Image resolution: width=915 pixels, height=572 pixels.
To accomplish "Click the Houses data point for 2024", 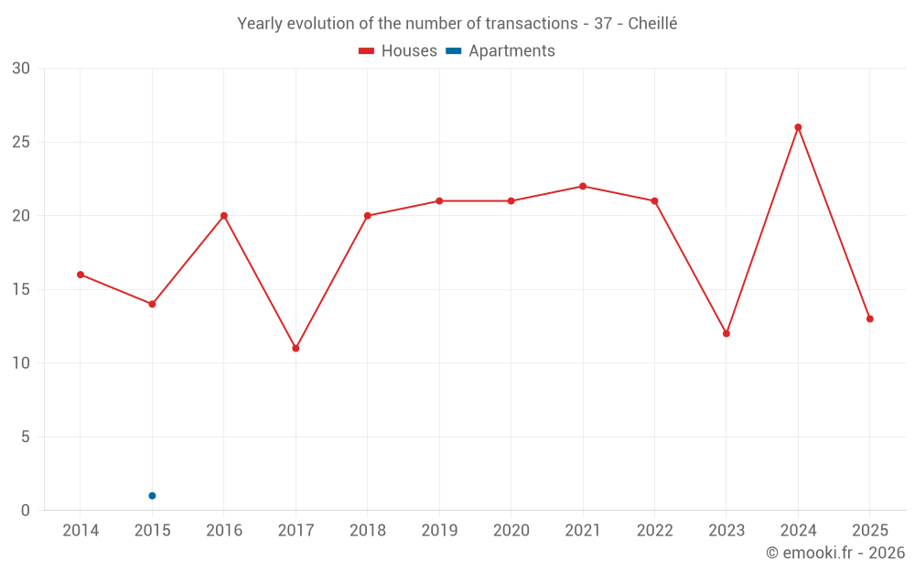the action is coord(798,127).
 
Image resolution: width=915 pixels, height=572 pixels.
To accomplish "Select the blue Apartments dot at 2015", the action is coord(152,495).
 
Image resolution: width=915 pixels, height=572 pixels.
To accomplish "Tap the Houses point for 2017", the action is coord(296,349).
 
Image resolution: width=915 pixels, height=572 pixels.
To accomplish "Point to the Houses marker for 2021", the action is coord(583,186).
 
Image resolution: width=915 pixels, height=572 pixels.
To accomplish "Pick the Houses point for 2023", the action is coord(727,334).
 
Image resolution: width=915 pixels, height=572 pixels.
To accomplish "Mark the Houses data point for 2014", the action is coord(81,275).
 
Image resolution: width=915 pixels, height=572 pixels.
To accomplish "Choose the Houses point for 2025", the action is coord(870,318).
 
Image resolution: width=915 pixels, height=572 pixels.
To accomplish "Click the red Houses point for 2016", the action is coord(224,216).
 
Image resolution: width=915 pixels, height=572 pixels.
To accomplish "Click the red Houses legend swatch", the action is coord(367,51).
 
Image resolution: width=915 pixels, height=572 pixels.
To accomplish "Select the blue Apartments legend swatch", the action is coord(454,51).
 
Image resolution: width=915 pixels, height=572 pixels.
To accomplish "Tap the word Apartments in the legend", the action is coord(511,51).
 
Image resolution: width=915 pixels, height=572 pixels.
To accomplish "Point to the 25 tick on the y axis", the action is coord(21,142).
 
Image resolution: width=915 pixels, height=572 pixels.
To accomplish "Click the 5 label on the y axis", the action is coord(25,437).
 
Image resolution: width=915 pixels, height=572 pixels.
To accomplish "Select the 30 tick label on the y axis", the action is coord(21,69).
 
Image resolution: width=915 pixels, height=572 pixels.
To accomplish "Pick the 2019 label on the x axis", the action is coord(439,530).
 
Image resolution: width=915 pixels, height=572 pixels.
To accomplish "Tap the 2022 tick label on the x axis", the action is coord(655,530).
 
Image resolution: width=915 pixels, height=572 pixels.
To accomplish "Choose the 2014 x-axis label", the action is coord(81,530).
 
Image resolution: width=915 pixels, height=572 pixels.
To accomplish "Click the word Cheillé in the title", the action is coord(652,24).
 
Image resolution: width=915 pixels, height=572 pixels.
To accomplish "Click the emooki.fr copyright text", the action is coord(835,552).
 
